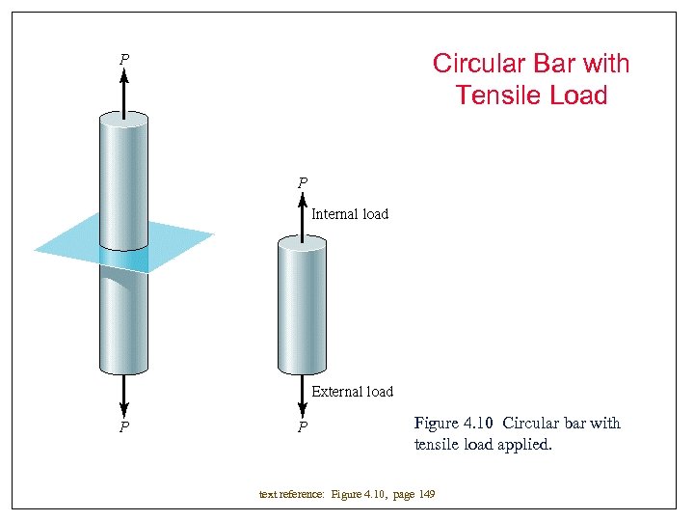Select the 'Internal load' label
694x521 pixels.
tap(350, 214)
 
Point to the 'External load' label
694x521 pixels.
tap(353, 392)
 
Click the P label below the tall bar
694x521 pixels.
tap(124, 426)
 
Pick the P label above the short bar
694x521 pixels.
tap(303, 182)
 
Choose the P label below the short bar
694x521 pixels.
tap(303, 426)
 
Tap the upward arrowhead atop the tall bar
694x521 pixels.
tap(123, 77)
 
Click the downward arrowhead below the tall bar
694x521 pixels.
tap(123, 408)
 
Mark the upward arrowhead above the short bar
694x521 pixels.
tap(303, 200)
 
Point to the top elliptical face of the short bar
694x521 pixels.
tap(303, 244)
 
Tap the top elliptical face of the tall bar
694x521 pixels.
tap(123, 119)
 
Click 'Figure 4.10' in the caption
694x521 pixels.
tap(453, 424)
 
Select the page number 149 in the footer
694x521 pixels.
tap(425, 495)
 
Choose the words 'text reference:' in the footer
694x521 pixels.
tap(292, 495)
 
